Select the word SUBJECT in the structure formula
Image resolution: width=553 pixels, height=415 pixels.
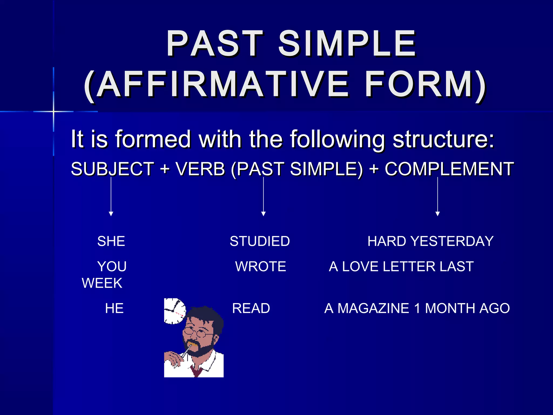click(x=112, y=169)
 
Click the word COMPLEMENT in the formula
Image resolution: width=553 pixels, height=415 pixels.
click(x=449, y=169)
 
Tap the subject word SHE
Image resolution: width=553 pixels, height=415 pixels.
click(x=111, y=241)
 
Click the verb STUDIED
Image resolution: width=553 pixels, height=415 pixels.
click(x=259, y=241)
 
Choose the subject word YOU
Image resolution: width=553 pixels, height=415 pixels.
click(x=112, y=266)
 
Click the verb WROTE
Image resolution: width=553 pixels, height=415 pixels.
click(x=260, y=266)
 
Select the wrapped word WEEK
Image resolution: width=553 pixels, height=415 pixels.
click(x=102, y=283)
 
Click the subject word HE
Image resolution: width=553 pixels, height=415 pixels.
click(x=114, y=308)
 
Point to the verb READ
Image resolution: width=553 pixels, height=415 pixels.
click(x=251, y=308)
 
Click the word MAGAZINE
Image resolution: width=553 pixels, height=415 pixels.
click(x=373, y=308)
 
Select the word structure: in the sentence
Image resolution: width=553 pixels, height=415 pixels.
click(x=443, y=139)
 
